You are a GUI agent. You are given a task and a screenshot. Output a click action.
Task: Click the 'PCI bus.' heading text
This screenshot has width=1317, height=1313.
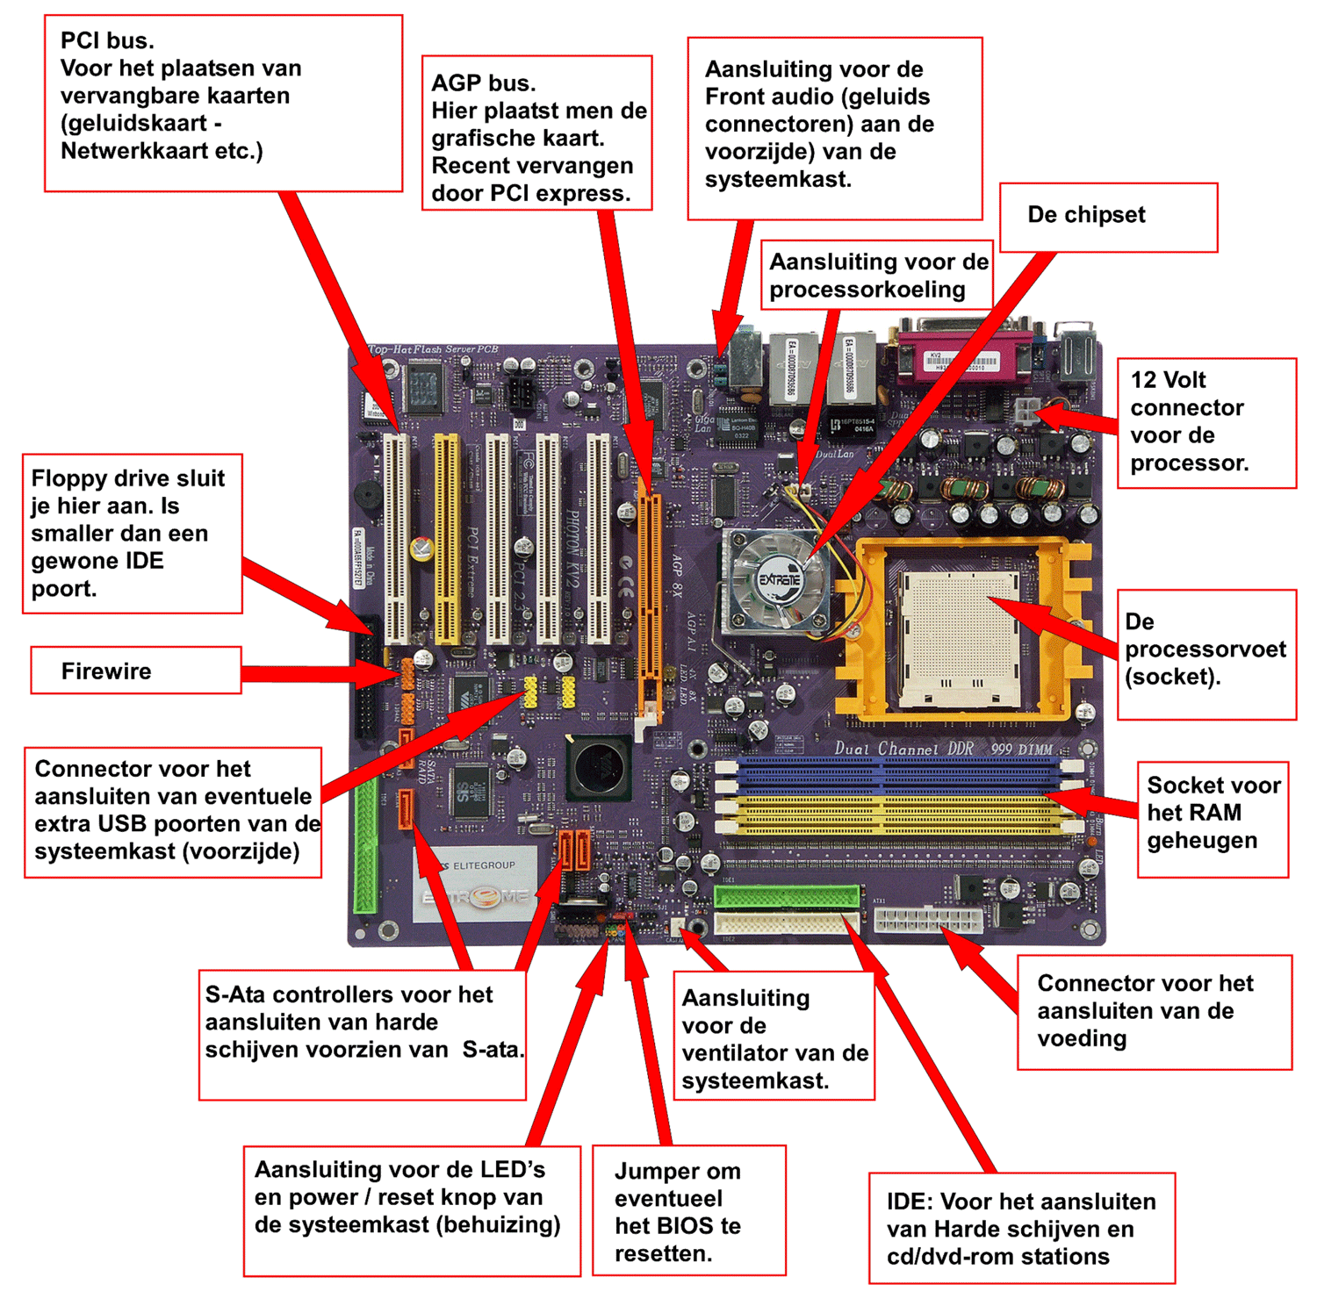[x=106, y=40]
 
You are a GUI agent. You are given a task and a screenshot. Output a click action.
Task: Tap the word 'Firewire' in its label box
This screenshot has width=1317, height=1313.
[x=106, y=671]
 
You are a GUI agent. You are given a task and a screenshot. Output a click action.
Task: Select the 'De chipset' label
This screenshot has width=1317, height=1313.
[x=1086, y=215]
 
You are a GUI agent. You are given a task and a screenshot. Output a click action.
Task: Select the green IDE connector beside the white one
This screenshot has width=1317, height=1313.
[x=786, y=896]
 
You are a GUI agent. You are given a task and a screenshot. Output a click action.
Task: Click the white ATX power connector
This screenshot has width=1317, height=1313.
[x=926, y=920]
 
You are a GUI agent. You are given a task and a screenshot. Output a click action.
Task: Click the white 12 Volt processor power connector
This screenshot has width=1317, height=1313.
[x=1026, y=411]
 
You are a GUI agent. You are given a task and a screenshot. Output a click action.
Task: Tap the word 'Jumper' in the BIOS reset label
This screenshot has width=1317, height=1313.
[x=651, y=1172]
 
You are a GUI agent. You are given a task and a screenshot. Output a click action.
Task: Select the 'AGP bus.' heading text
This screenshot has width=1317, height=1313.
[x=483, y=83]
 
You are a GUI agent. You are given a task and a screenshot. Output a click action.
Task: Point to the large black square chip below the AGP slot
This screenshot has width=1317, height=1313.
[x=598, y=766]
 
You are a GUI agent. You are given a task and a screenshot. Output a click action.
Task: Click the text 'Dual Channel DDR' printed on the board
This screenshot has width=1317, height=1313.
[x=898, y=749]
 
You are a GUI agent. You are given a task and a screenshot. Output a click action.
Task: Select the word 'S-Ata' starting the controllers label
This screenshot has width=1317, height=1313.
[x=233, y=994]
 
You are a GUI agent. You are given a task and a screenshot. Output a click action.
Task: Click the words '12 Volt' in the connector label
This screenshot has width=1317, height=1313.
[x=1168, y=380]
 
